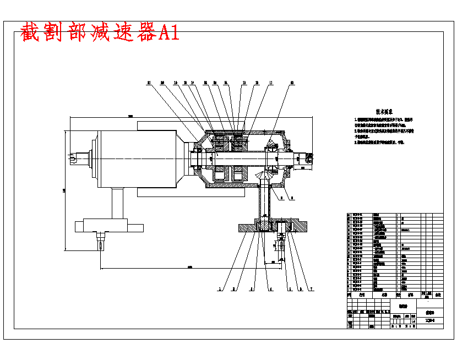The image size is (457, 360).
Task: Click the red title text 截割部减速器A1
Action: tap(100, 33)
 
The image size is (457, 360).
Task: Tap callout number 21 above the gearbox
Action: tap(149, 83)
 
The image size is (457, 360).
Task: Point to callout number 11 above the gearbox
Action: tap(270, 83)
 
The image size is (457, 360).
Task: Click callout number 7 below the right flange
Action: tap(312, 288)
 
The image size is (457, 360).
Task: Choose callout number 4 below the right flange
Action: tap(270, 288)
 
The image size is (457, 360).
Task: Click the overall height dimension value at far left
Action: tap(64, 190)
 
